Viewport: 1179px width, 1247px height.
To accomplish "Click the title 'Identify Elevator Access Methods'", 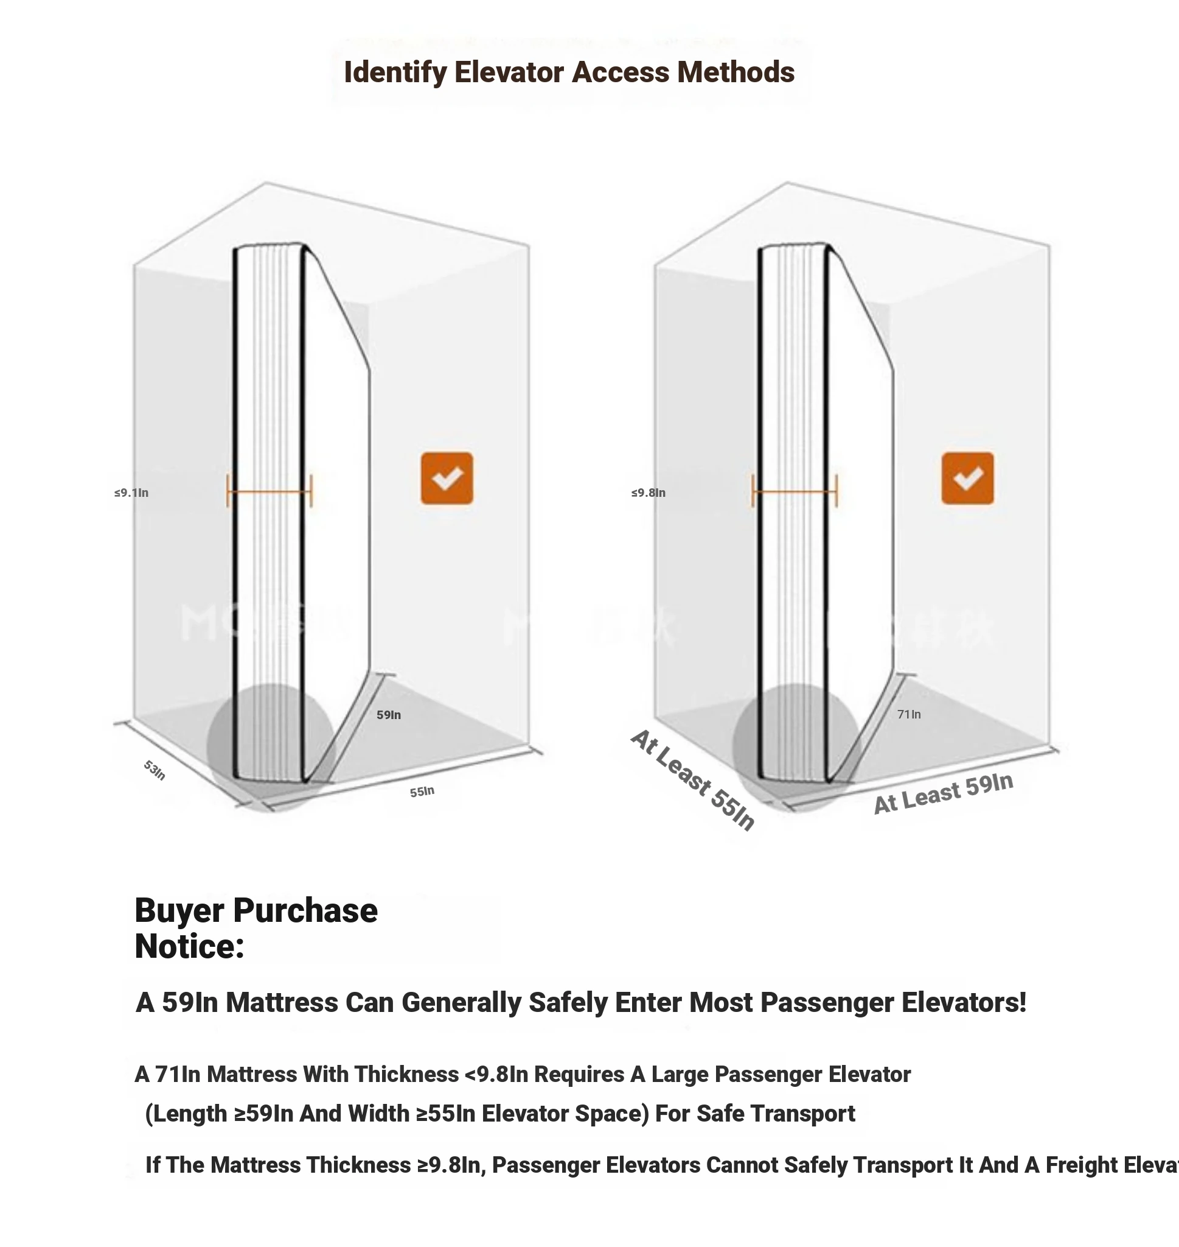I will (x=569, y=72).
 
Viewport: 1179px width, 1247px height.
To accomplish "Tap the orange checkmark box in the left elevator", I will (x=447, y=478).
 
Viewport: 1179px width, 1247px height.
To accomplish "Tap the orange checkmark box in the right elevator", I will (x=967, y=478).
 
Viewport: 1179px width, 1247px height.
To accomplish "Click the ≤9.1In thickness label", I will (x=131, y=493).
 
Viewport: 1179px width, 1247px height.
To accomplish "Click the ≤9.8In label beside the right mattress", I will (x=648, y=493).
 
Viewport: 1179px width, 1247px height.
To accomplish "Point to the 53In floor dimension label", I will (x=155, y=770).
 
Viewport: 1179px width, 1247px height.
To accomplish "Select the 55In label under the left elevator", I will (x=422, y=792).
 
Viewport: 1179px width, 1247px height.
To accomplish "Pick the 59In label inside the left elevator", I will (x=388, y=715).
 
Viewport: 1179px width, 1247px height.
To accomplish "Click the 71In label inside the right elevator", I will (x=909, y=714).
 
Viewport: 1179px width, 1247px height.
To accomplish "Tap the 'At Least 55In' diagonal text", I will (x=692, y=781).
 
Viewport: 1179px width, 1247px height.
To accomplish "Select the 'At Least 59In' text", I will (x=943, y=794).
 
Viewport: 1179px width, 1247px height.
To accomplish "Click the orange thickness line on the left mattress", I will (x=269, y=491).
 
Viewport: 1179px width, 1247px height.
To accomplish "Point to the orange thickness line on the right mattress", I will (x=795, y=491).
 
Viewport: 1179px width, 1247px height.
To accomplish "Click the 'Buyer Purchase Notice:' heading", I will (x=256, y=928).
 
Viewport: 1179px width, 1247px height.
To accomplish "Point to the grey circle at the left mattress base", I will (x=270, y=748).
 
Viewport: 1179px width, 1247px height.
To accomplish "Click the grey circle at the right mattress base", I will (x=796, y=748).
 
